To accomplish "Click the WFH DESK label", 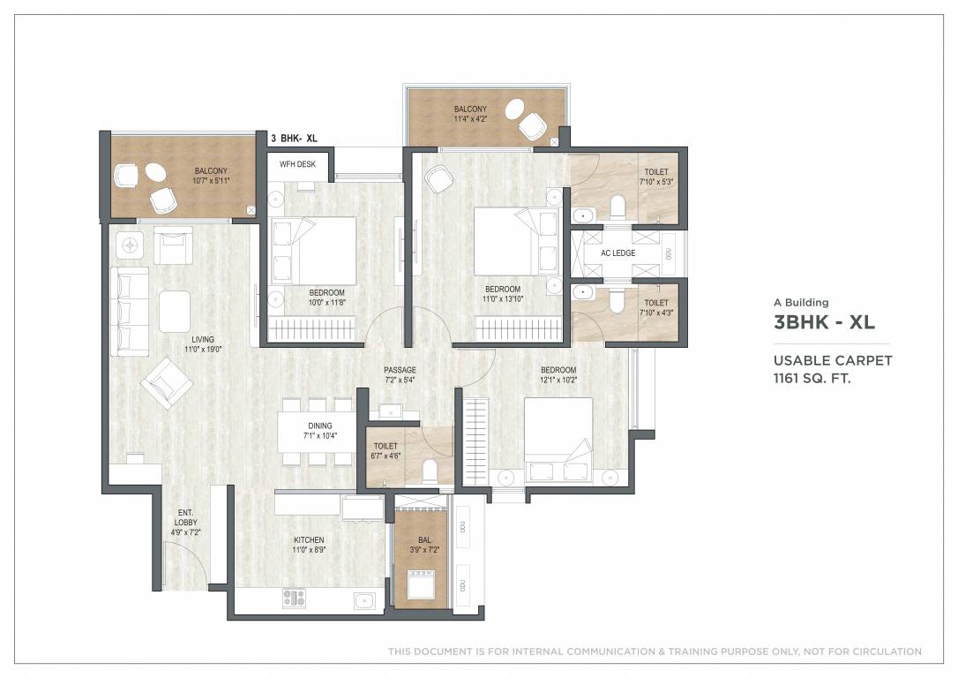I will pos(297,164).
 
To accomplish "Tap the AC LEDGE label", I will pos(617,253).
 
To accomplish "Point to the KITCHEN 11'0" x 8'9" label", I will pos(309,545).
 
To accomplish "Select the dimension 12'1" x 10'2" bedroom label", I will pos(558,375).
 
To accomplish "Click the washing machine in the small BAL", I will pos(418,585).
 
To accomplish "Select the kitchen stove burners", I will pos(294,598).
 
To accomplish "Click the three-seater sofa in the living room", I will pos(130,312).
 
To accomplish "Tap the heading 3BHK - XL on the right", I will pos(824,322).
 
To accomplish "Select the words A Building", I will pos(801,303).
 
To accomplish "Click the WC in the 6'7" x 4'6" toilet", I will pos(430,471).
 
